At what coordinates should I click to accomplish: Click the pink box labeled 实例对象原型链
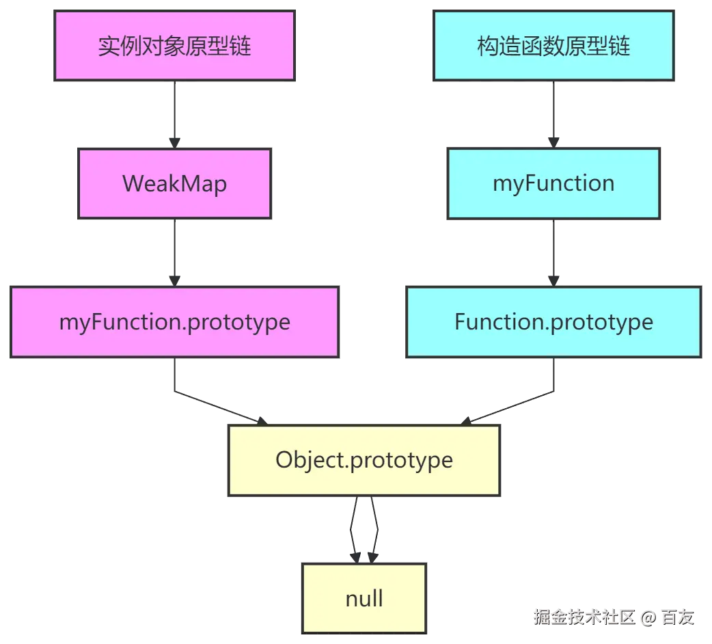[x=174, y=45]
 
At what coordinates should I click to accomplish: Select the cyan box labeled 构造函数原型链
[x=553, y=45]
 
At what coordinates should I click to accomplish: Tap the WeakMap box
[x=174, y=183]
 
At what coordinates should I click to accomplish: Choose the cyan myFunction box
[x=553, y=183]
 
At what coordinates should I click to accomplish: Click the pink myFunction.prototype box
[x=174, y=322]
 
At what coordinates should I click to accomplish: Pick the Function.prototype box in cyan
[x=553, y=322]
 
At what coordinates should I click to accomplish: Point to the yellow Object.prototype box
[x=364, y=459]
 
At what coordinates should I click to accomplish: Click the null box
[x=364, y=599]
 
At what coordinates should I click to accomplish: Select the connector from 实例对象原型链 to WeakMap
[x=174, y=113]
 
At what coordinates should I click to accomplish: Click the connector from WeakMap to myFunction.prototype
[x=174, y=253]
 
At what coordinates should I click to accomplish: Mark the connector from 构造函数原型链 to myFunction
[x=553, y=113]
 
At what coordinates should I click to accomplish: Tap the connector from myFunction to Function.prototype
[x=553, y=253]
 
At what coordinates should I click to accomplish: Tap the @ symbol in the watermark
[x=648, y=617]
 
